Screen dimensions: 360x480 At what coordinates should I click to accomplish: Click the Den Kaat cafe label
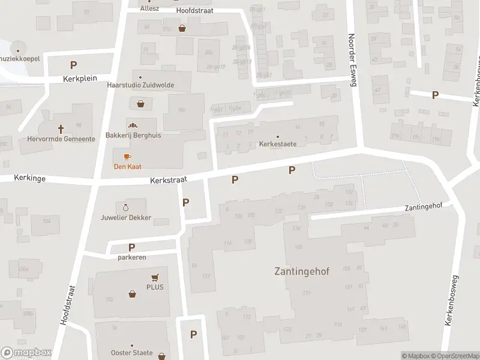[x=128, y=166]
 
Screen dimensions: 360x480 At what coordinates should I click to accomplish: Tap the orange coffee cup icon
[x=127, y=157]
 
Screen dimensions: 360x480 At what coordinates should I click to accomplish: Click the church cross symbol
[x=61, y=128]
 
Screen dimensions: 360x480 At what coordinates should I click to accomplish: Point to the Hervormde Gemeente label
[x=61, y=139]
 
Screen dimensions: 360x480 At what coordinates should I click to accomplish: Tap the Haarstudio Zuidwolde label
[x=140, y=85]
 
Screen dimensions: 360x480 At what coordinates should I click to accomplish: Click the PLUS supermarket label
[x=155, y=287]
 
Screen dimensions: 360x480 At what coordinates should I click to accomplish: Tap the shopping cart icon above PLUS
[x=155, y=277]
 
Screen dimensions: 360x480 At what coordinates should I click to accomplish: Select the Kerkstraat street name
[x=169, y=179]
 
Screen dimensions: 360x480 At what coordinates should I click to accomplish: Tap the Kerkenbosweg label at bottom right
[x=451, y=301]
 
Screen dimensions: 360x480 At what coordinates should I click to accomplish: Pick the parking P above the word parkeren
[x=131, y=247]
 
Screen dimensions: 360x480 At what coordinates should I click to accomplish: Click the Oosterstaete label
[x=132, y=353]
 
